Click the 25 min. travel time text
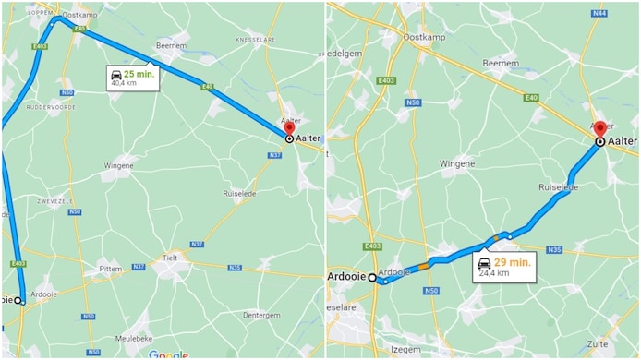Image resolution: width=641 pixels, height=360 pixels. [139, 73]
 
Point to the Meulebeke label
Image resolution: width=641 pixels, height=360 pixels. [134, 339]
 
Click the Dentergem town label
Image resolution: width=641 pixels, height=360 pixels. [261, 315]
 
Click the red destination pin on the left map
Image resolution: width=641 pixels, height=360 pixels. [289, 127]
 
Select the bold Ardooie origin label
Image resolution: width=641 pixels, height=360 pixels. [347, 277]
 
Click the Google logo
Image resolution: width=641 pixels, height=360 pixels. [168, 354]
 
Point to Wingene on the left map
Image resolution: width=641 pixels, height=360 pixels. [118, 166]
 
